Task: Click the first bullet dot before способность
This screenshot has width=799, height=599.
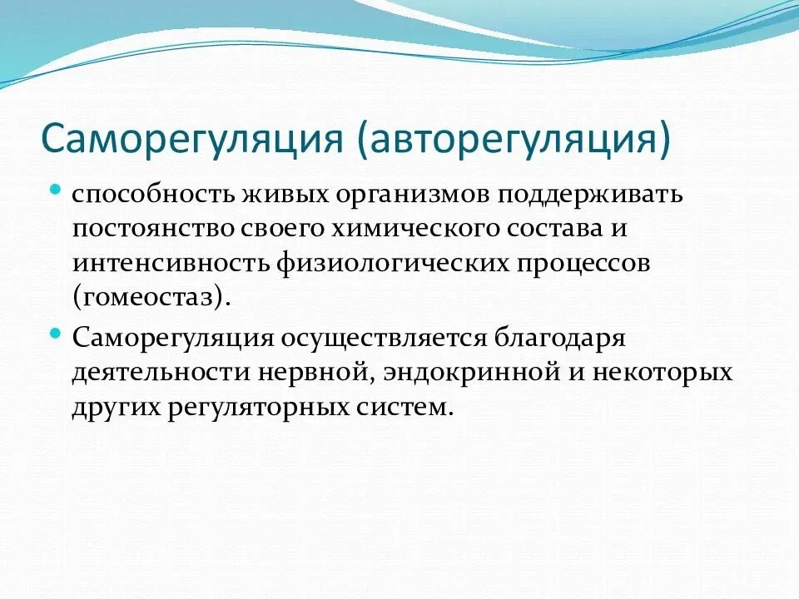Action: (x=56, y=191)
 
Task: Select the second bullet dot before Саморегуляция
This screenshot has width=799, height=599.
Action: (x=56, y=334)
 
